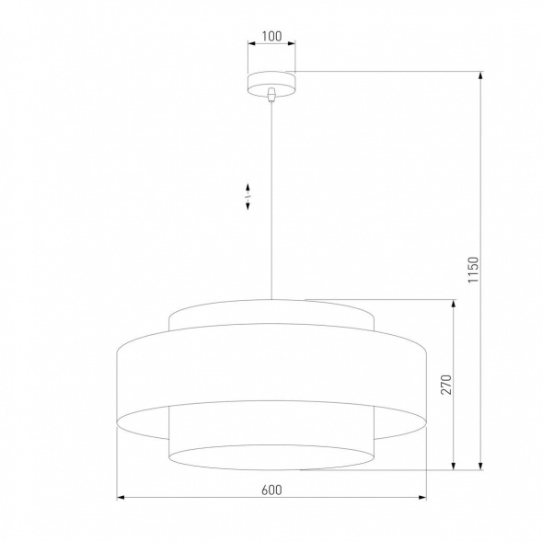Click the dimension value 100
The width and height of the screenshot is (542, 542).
tap(271, 38)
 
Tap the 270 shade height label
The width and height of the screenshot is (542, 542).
tap(446, 384)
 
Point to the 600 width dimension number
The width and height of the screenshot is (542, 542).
tap(271, 490)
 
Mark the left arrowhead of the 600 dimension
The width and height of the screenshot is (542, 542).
tap(122, 499)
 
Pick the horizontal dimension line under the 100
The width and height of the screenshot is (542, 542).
tap(271, 48)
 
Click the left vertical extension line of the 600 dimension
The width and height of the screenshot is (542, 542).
tap(119, 460)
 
